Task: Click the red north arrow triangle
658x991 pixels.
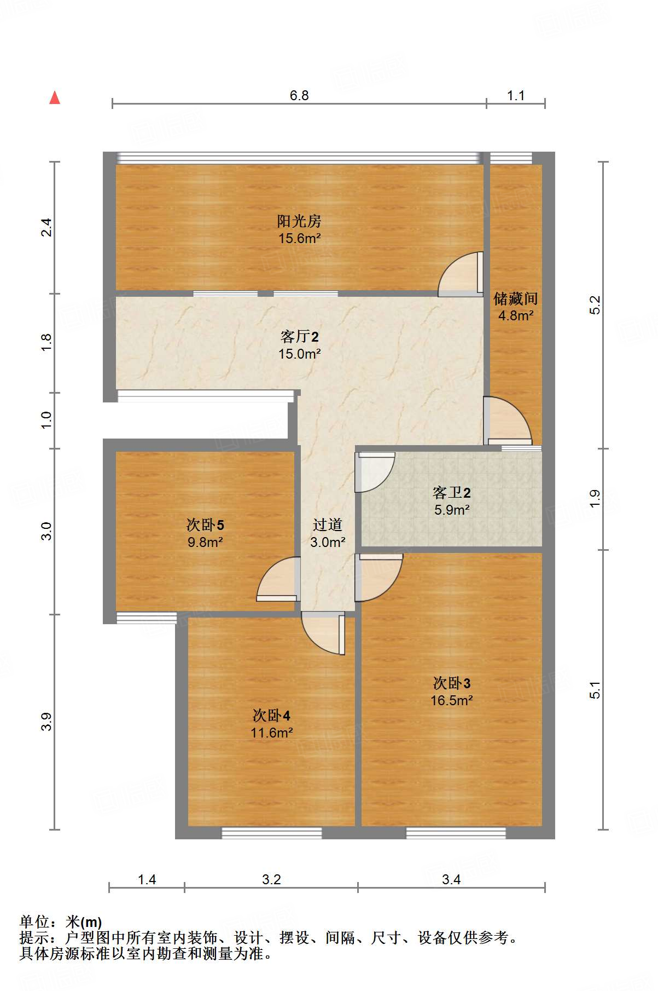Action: (55, 98)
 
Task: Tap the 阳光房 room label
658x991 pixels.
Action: (299, 221)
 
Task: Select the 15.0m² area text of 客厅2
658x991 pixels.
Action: (299, 354)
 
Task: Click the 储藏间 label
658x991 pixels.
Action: (515, 299)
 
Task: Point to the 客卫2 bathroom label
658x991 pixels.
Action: (451, 493)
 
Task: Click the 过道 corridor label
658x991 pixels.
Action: (327, 525)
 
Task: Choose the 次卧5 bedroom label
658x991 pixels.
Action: (205, 525)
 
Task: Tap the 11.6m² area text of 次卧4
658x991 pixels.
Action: (271, 733)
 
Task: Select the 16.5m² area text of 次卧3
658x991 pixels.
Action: (451, 700)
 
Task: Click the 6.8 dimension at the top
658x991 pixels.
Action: (299, 96)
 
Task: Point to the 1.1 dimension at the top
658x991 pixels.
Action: (515, 96)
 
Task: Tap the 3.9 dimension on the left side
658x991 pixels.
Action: (47, 721)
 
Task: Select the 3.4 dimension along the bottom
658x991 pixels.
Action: (451, 879)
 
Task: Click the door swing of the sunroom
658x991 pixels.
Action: (461, 274)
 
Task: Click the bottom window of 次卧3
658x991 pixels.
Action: (456, 833)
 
